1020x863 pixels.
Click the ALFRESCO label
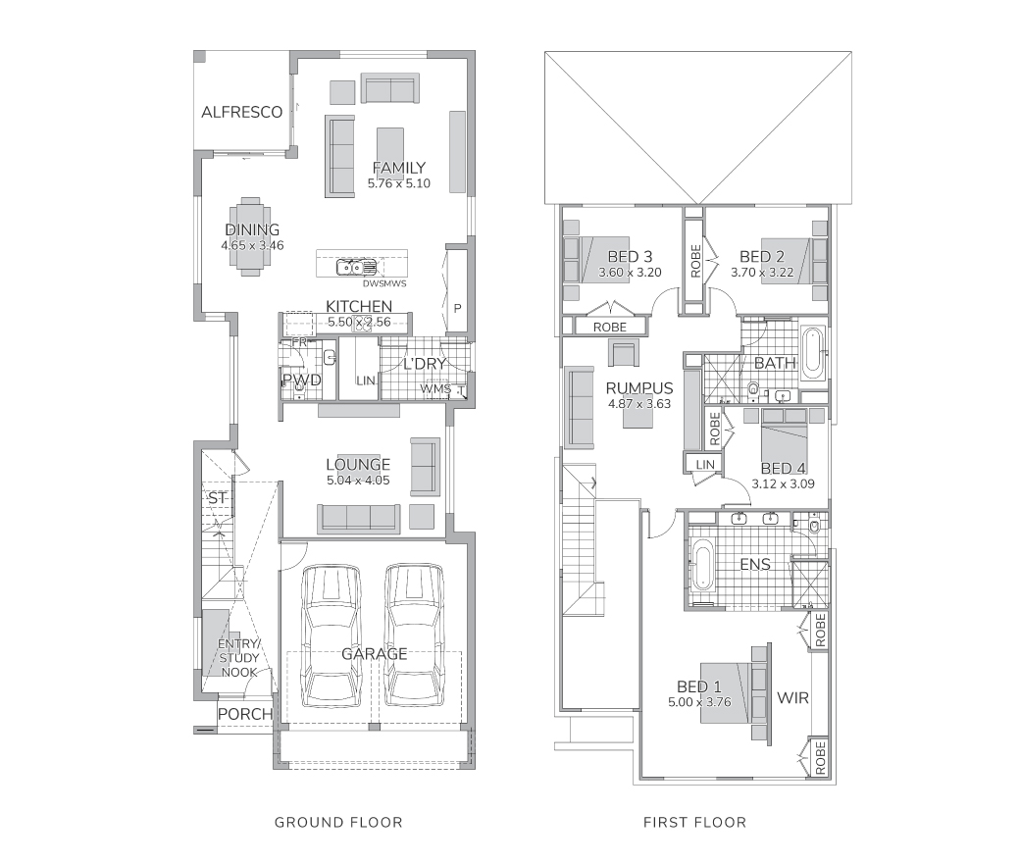click(x=241, y=112)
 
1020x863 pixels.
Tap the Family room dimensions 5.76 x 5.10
click(x=399, y=183)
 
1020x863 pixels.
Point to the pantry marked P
click(x=457, y=308)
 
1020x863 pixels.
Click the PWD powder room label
click(x=302, y=380)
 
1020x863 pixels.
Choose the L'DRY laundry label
click(x=424, y=364)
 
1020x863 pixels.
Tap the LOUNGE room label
click(x=358, y=464)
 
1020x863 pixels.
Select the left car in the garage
click(x=331, y=635)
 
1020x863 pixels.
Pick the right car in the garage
click(x=414, y=635)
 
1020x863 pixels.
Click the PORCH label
click(x=245, y=714)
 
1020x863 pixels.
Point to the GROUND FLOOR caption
click(x=338, y=822)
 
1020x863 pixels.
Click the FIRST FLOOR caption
click(x=694, y=822)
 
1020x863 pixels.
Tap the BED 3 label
click(x=630, y=257)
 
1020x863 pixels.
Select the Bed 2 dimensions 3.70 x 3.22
click(x=762, y=273)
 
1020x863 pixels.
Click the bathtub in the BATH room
click(x=812, y=354)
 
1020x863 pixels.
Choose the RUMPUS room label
click(x=638, y=388)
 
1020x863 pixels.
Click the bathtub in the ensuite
click(x=702, y=568)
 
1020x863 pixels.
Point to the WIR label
click(x=793, y=698)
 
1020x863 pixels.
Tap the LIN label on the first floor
click(x=705, y=464)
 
